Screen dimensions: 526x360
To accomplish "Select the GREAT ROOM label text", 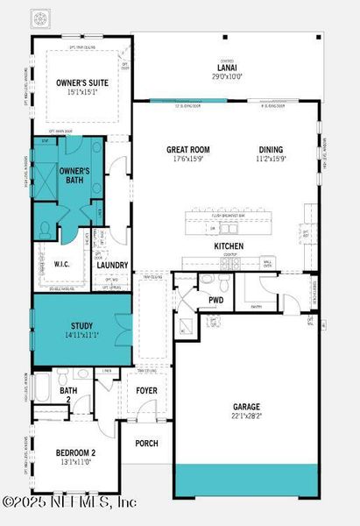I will point(188,150).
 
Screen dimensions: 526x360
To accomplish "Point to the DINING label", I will point(271,150).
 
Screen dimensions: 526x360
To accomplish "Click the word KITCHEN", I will point(229,246).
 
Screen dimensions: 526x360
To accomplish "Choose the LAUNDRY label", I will point(112,265).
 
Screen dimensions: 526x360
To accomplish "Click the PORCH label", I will point(146,443).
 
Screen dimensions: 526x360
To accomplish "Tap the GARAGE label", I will point(245,407).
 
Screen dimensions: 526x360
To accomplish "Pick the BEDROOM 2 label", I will point(75,453).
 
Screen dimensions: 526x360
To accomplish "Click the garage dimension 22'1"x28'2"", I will point(245,417).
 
